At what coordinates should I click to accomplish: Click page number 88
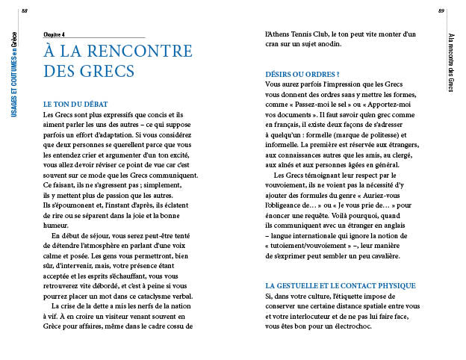pos(24,10)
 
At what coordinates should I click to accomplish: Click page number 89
pos(441,10)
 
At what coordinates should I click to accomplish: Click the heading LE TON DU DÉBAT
pos(77,104)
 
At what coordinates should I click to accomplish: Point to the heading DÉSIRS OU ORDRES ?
pos(302,74)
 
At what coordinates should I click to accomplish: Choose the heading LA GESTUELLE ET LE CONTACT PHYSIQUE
pos(341,286)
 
